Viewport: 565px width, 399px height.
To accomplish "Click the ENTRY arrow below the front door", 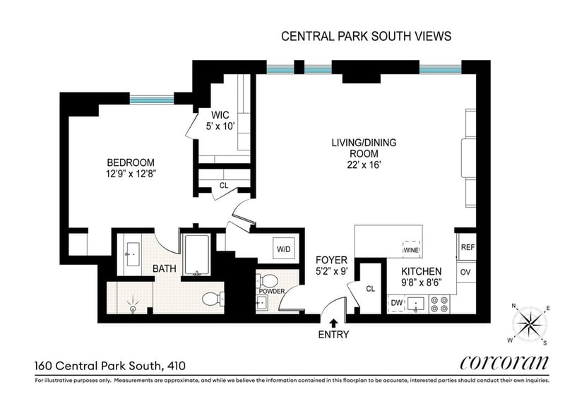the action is pyautogui.click(x=333, y=322).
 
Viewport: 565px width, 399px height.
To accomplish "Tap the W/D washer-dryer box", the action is pyautogui.click(x=284, y=248).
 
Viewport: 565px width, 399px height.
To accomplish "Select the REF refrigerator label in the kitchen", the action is pyautogui.click(x=468, y=247).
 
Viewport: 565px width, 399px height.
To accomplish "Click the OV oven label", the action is pyautogui.click(x=465, y=272).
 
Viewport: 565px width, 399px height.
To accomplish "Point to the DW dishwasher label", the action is pyautogui.click(x=396, y=303).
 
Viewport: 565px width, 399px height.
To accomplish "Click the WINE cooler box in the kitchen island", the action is pyautogui.click(x=411, y=249).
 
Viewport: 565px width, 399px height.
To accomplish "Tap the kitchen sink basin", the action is pyautogui.click(x=416, y=304).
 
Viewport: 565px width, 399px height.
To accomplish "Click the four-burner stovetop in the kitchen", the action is pyautogui.click(x=439, y=304).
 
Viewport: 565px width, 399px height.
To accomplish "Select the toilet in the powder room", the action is pyautogui.click(x=265, y=280).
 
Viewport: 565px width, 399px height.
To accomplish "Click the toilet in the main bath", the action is pyautogui.click(x=213, y=299).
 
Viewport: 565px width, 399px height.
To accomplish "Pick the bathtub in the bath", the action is pyautogui.click(x=197, y=255).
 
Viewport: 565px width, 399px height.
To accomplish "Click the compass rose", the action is pyautogui.click(x=529, y=323).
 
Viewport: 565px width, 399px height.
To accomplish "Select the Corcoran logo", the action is pyautogui.click(x=504, y=362).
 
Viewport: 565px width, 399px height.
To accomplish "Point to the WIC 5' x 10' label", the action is pyautogui.click(x=220, y=120).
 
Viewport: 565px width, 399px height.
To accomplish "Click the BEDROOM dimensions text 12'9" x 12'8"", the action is pyautogui.click(x=131, y=174).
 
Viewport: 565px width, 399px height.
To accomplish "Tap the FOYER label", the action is pyautogui.click(x=331, y=260).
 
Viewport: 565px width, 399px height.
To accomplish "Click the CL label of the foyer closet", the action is pyautogui.click(x=370, y=289).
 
